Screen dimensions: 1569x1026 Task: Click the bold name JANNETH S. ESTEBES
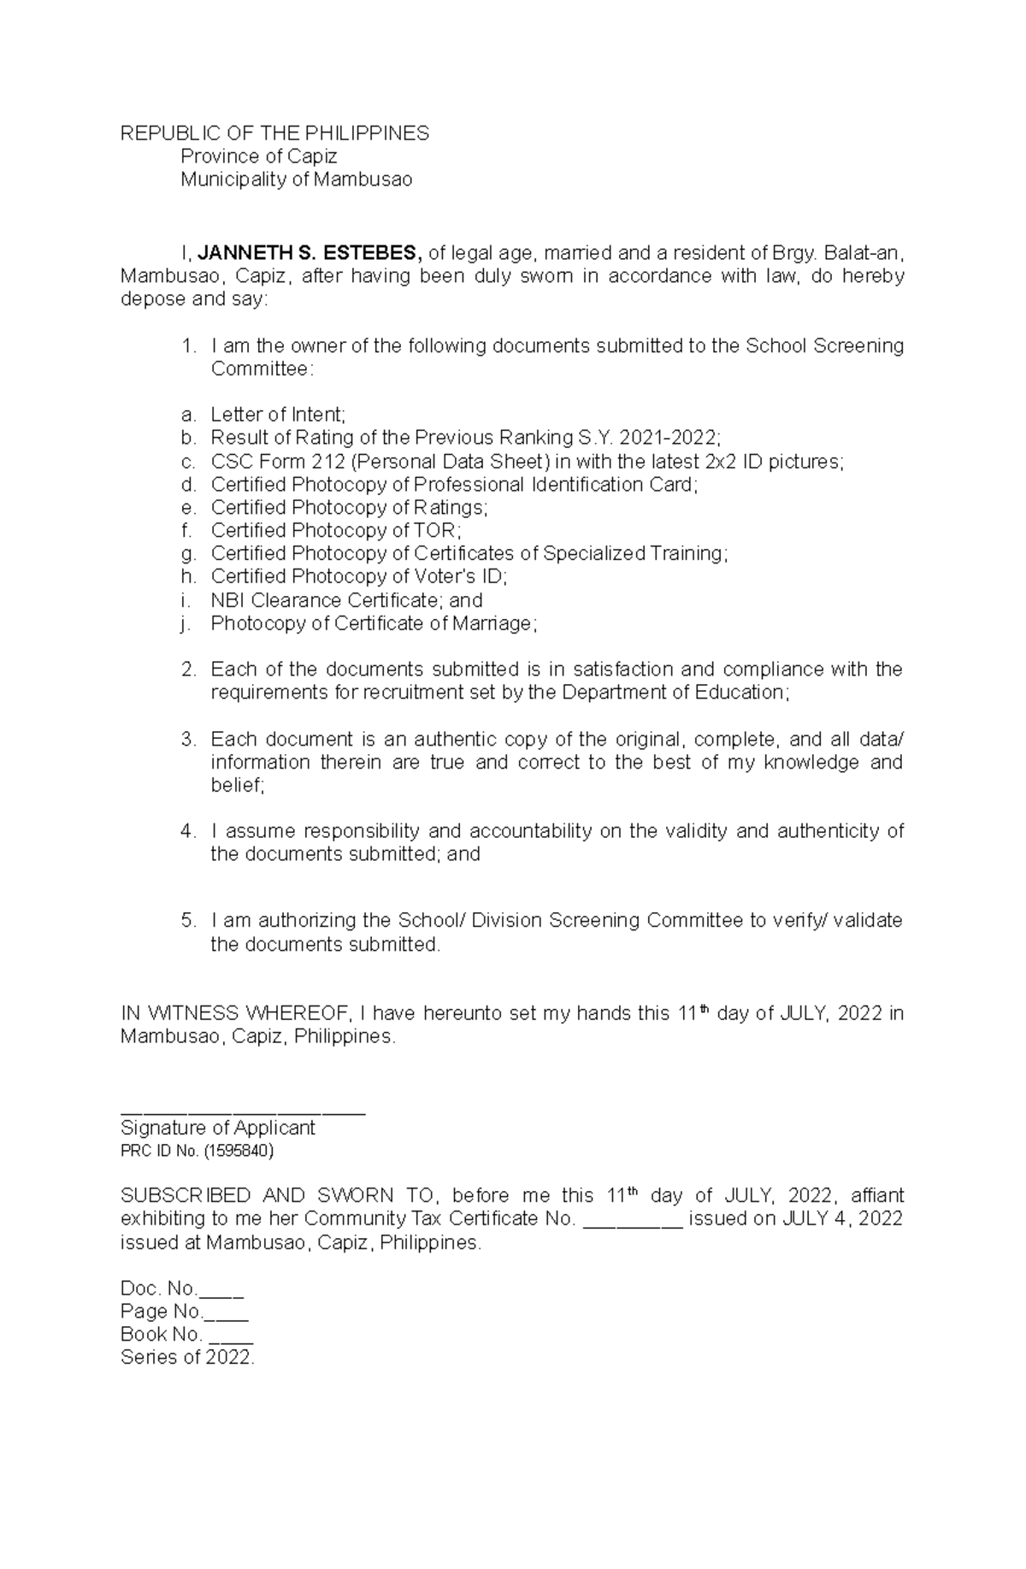[x=310, y=253]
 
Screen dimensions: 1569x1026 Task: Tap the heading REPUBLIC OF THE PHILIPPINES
[x=274, y=133]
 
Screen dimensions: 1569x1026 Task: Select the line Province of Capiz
[x=258, y=156]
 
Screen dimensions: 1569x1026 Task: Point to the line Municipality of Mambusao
[x=296, y=180]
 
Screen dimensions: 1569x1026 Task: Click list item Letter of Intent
[x=278, y=415]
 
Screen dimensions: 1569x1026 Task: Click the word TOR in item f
[x=436, y=531]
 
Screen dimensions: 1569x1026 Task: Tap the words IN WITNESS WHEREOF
[x=235, y=1014]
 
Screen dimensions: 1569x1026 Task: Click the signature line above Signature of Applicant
[x=243, y=1112]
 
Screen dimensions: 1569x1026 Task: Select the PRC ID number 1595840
[x=239, y=1151]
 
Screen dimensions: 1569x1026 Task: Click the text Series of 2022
[x=188, y=1358]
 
